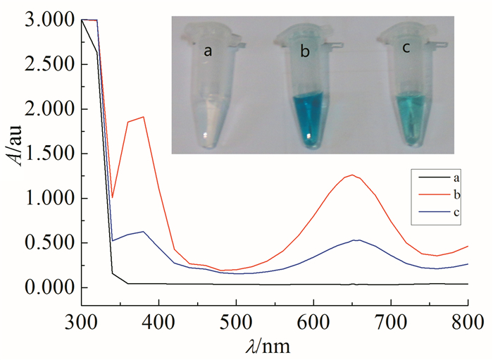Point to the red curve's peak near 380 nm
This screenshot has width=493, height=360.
(143, 117)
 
